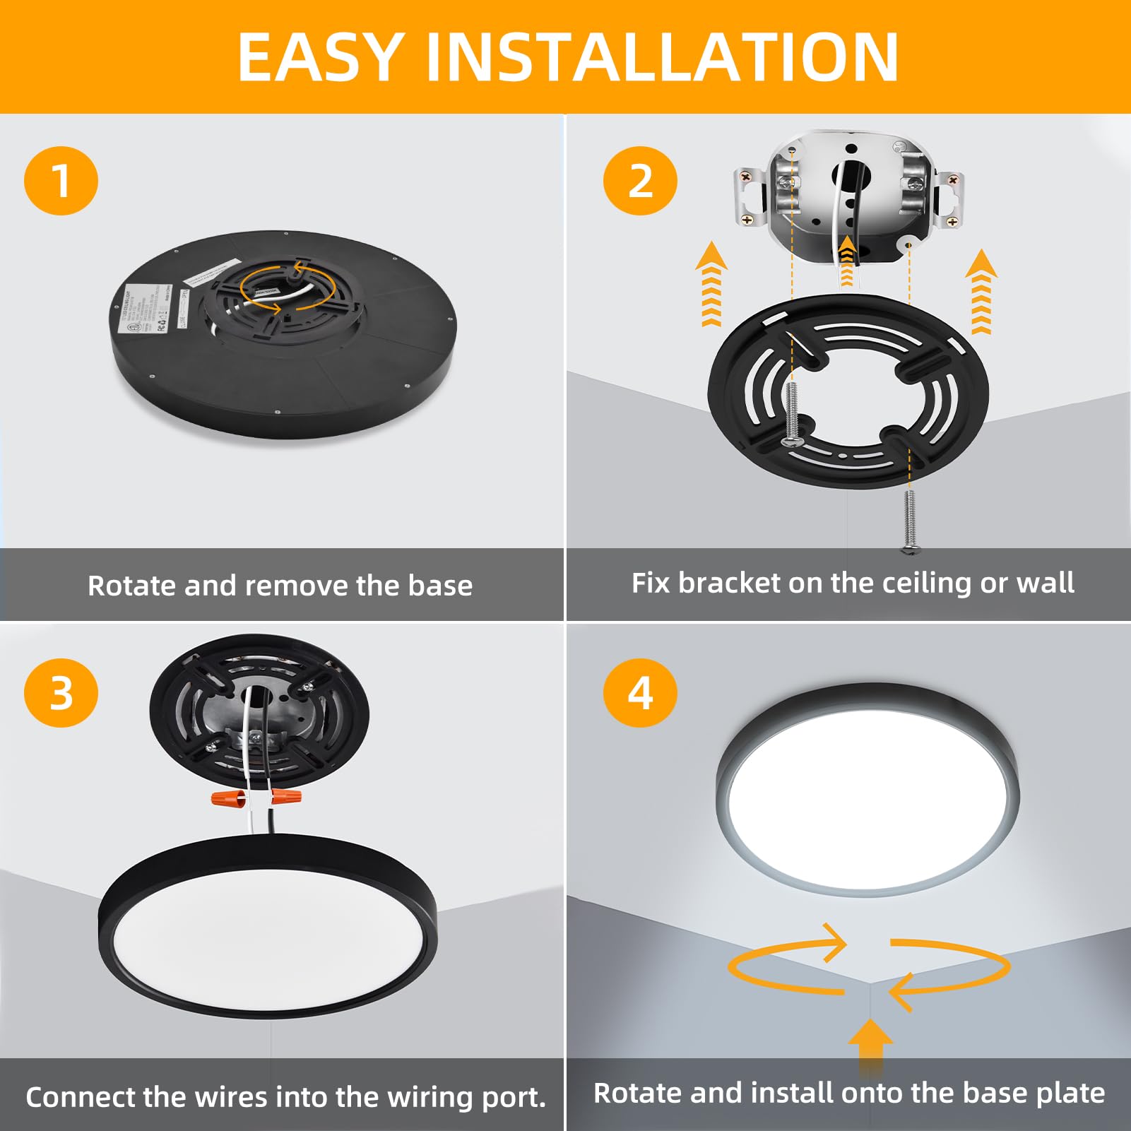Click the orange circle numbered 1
(x=61, y=181)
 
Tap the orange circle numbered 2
(x=640, y=181)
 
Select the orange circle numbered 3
(x=61, y=693)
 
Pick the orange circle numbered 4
(x=640, y=693)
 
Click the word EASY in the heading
(x=320, y=58)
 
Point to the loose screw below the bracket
(x=910, y=521)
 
